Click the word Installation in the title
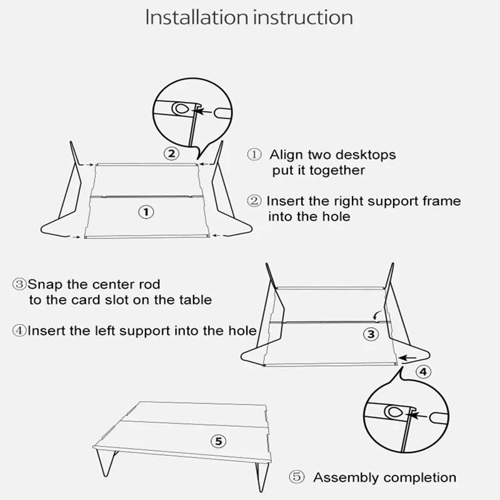(x=196, y=17)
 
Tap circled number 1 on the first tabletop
(x=145, y=212)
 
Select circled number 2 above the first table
(x=171, y=153)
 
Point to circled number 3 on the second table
(x=371, y=334)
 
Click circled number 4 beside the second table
(x=423, y=372)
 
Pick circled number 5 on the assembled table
(x=217, y=442)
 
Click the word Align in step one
(x=286, y=154)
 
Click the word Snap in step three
(x=43, y=284)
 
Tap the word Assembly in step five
(x=345, y=478)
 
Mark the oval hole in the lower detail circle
(x=394, y=412)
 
